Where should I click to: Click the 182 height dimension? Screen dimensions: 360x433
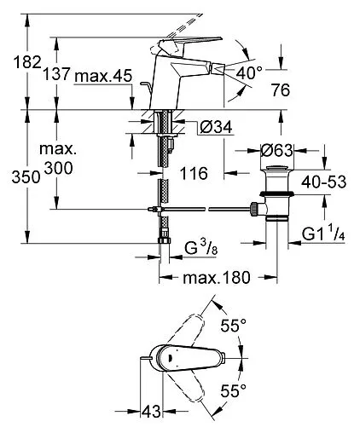(x=27, y=62)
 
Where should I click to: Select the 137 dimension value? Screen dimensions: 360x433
(x=56, y=74)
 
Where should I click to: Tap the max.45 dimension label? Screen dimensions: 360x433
(x=103, y=76)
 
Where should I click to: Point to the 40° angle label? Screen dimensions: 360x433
(x=249, y=72)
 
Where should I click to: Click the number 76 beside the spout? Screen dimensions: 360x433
(x=280, y=89)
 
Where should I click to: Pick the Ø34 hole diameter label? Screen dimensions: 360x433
(x=216, y=127)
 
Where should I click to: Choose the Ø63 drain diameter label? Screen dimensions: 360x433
(x=276, y=150)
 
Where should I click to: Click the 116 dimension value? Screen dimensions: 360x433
(x=195, y=173)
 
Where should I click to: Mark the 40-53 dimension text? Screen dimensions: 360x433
(x=324, y=182)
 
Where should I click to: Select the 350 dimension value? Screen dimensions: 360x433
(x=26, y=177)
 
